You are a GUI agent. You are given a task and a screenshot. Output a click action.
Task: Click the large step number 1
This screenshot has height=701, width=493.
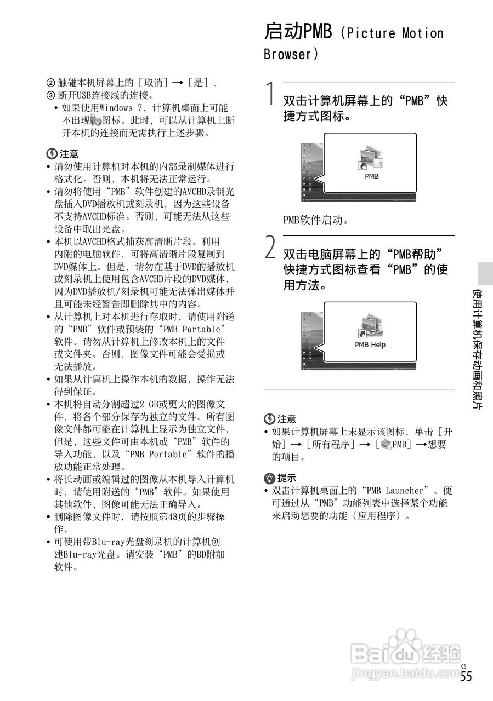(x=270, y=94)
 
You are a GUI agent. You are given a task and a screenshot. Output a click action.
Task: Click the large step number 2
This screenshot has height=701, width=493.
(x=270, y=248)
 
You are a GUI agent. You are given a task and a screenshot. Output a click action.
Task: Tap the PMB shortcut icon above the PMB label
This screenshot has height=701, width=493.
(x=371, y=159)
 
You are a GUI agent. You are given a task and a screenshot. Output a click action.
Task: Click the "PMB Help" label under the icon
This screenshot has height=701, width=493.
(x=370, y=345)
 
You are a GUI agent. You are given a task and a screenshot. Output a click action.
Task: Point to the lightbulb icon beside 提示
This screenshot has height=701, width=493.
(x=269, y=478)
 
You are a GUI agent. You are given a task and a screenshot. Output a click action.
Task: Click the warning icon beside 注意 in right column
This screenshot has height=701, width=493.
(x=269, y=419)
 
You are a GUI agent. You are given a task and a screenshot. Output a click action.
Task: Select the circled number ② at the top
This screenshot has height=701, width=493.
(x=50, y=83)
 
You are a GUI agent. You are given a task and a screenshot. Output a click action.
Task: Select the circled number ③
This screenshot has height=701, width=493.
(x=50, y=95)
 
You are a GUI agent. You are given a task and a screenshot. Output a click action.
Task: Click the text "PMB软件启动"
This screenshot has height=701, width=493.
(x=316, y=221)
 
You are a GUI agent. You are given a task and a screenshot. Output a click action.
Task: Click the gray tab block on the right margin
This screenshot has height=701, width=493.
(x=485, y=272)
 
